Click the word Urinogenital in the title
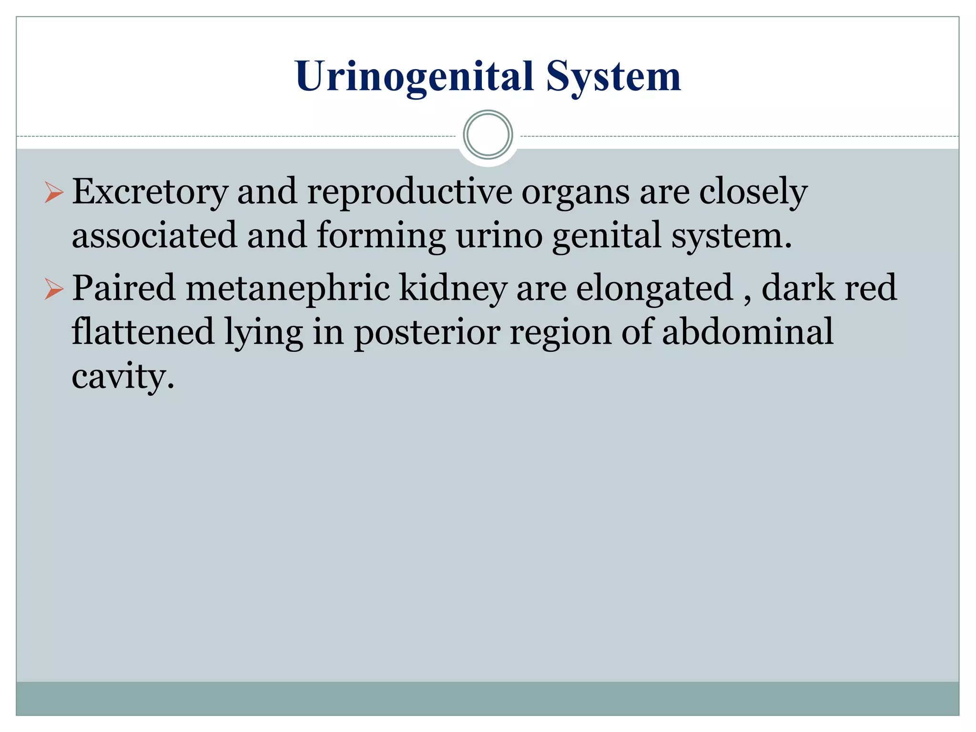tap(414, 77)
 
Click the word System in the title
tap(613, 77)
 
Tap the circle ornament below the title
tap(488, 135)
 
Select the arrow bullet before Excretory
tap(54, 193)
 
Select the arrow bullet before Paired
tap(54, 289)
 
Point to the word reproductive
tap(409, 192)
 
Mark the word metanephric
tap(287, 289)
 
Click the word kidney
tap(453, 289)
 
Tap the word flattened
tap(142, 332)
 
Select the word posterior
tap(427, 333)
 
